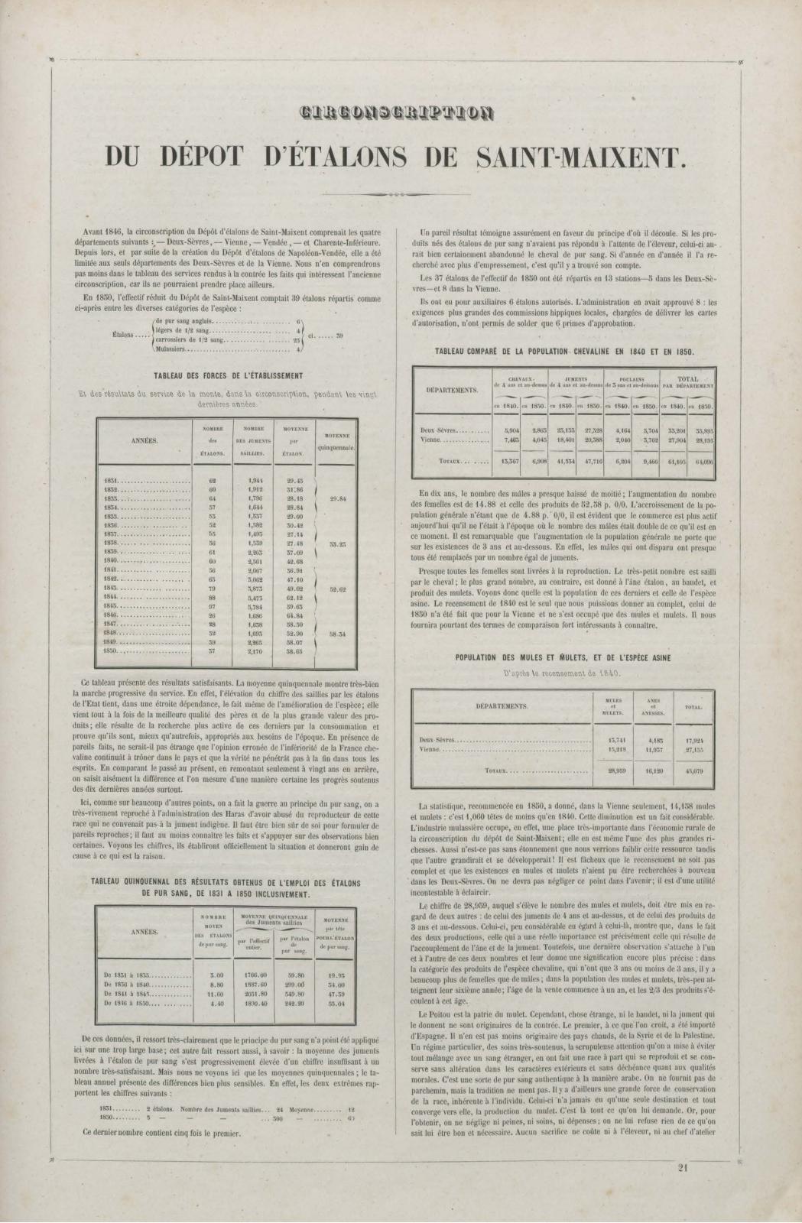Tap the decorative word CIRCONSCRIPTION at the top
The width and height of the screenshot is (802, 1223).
tap(401, 115)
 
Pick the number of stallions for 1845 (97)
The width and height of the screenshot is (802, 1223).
tap(213, 605)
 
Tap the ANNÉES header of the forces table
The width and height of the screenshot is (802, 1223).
tap(144, 441)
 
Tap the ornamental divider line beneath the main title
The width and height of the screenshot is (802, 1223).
tap(401, 195)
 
